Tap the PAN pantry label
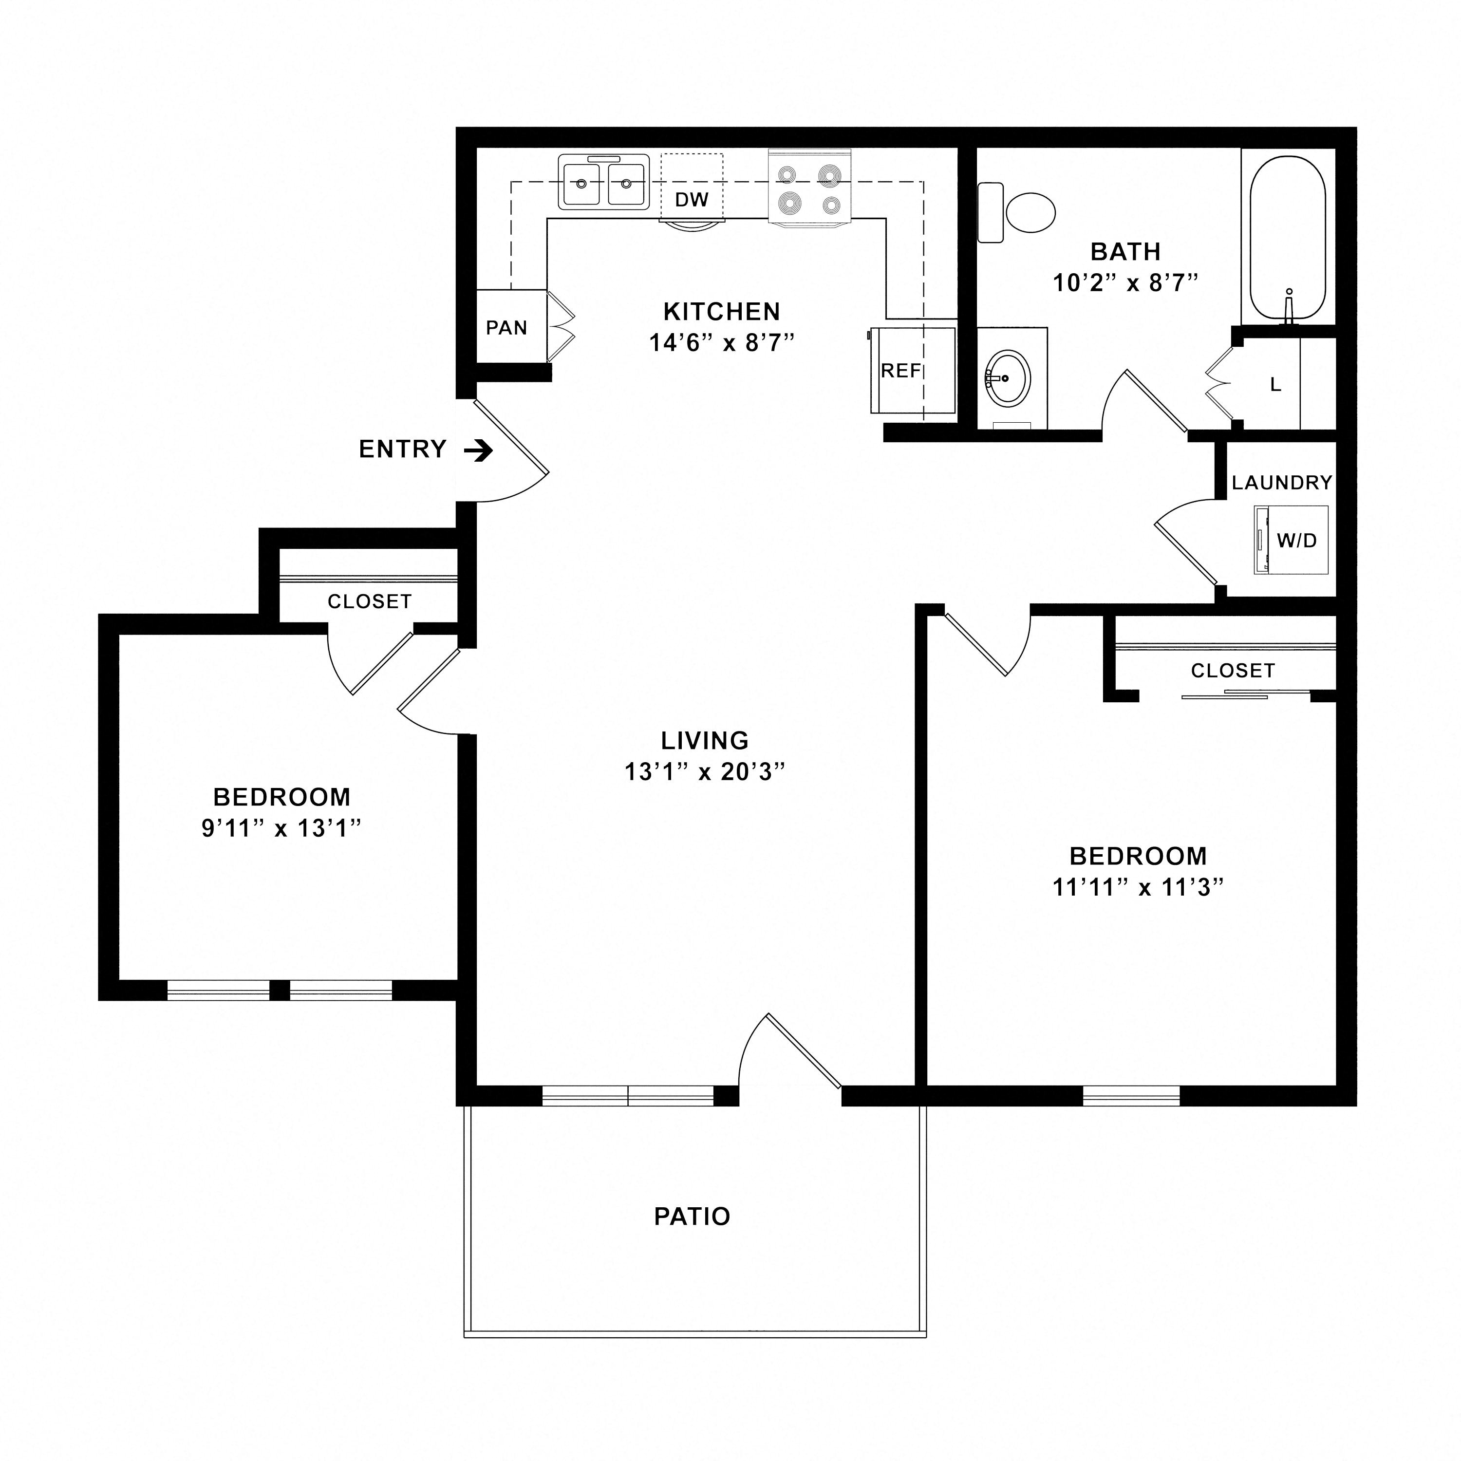pos(506,327)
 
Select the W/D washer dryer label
pos(1297,540)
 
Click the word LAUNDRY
pos(1282,483)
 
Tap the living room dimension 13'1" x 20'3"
pos(705,771)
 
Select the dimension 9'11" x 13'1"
pos(281,828)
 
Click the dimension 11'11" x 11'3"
pos(1137,886)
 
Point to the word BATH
pos(1125,251)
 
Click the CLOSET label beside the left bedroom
pos(370,601)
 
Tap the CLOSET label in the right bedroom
pos(1233,670)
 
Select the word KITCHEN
pos(721,312)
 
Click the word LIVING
pos(705,740)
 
